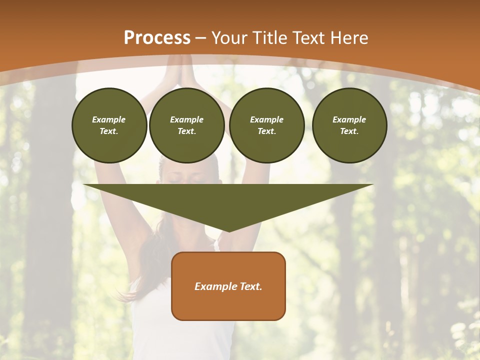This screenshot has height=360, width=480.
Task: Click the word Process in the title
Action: [157, 38]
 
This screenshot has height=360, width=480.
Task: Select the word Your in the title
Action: [227, 38]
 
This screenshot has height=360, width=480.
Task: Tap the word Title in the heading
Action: [269, 38]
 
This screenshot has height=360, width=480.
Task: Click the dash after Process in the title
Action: [201, 38]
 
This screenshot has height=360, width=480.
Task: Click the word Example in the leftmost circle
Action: [109, 119]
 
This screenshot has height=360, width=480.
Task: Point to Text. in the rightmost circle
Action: [349, 131]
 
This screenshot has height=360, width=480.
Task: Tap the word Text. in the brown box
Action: [250, 286]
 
